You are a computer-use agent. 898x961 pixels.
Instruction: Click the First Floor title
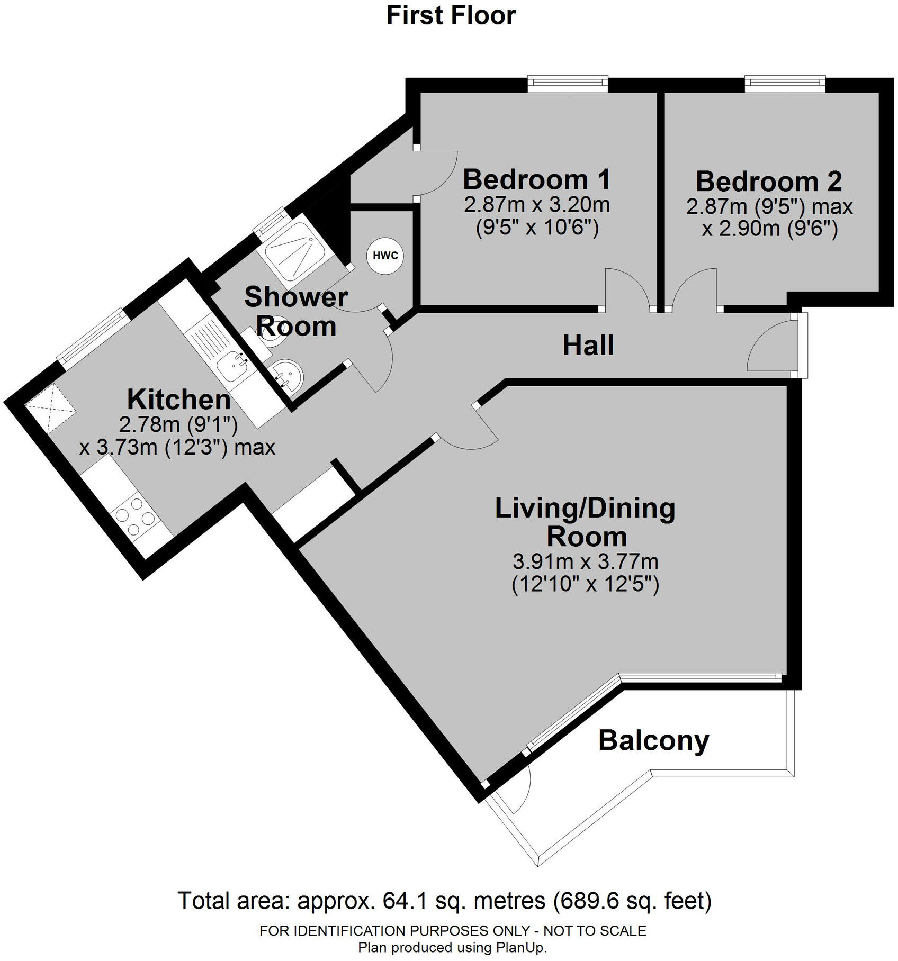coord(451,15)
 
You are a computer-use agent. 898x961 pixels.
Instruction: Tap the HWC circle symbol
coord(385,256)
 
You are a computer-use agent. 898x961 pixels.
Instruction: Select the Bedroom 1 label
coord(536,179)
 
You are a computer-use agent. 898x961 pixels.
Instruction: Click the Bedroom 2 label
coord(768,182)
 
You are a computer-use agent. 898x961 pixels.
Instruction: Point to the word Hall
coord(588,346)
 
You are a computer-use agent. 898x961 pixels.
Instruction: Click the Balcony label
coord(653,740)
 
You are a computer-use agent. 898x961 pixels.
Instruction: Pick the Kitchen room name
coord(179,400)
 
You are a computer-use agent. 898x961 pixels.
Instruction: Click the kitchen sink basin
coord(232,366)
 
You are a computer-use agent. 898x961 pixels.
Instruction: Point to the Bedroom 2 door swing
coord(694,288)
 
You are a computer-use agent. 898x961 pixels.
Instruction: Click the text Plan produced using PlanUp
coord(452,947)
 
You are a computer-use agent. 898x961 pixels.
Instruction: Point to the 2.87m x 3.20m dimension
coord(536,205)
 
